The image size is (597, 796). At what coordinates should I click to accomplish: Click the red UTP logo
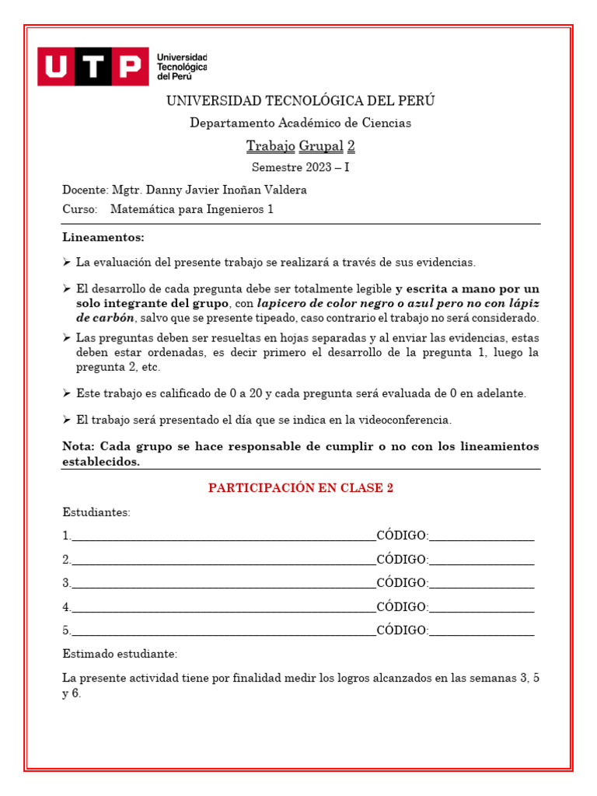click(x=93, y=66)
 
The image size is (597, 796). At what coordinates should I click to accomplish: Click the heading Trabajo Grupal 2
click(x=300, y=146)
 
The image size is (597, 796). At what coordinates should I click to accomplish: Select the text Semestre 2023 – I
click(x=300, y=167)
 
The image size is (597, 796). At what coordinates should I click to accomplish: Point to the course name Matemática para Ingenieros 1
click(x=192, y=209)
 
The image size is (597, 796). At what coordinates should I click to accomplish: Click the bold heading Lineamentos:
click(x=103, y=237)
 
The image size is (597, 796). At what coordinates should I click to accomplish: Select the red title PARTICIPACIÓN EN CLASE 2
click(x=300, y=488)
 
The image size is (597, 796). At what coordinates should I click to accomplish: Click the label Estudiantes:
click(x=96, y=512)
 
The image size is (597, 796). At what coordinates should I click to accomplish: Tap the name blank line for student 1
click(x=224, y=537)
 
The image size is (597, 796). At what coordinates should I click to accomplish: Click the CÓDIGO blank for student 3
click(x=481, y=584)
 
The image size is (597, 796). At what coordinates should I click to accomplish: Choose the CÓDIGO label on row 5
click(x=402, y=630)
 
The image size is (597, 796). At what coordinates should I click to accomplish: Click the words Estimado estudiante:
click(x=120, y=654)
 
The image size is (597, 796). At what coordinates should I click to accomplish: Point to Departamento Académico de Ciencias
click(x=300, y=123)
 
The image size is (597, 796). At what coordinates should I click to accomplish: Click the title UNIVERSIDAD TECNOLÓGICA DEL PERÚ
click(x=300, y=101)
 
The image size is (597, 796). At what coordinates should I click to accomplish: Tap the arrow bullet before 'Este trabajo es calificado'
click(x=67, y=393)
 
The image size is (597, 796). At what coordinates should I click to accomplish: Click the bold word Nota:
click(x=79, y=446)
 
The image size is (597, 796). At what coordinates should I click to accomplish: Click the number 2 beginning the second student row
click(x=66, y=560)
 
